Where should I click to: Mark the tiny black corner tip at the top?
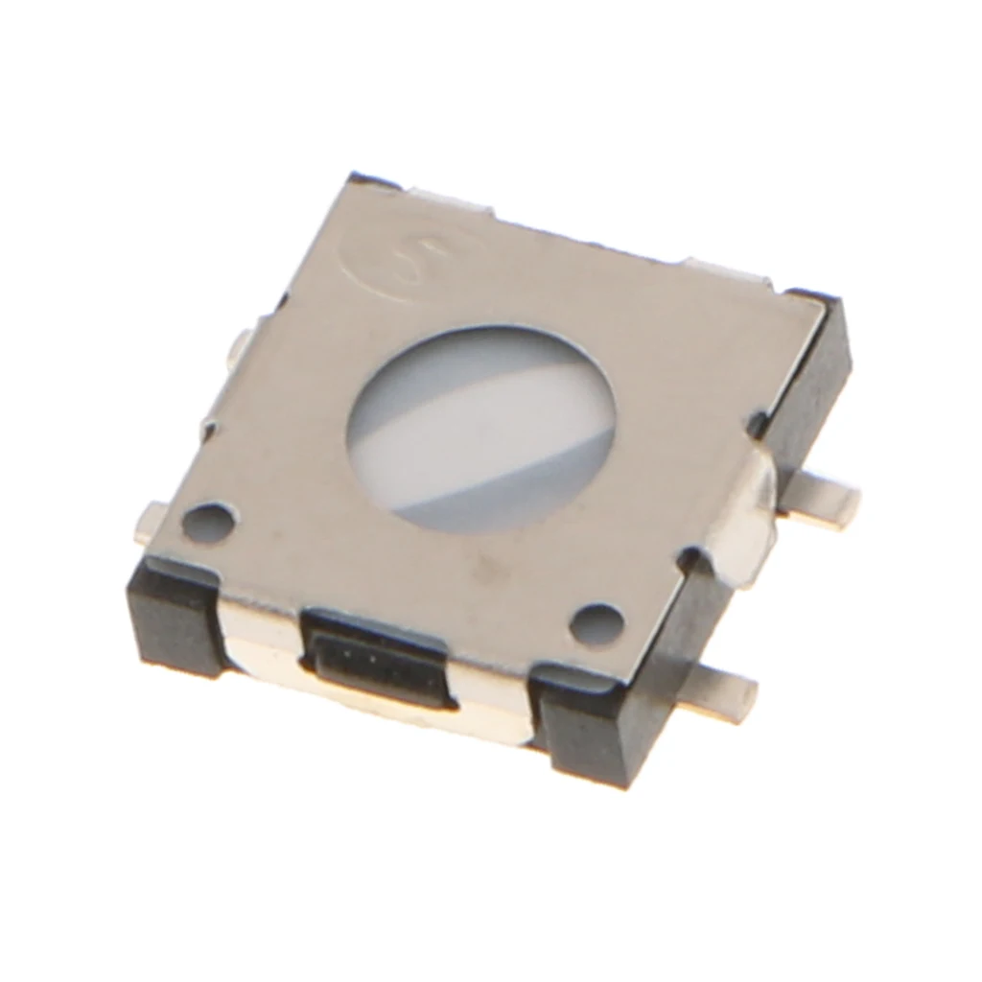tap(370, 178)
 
